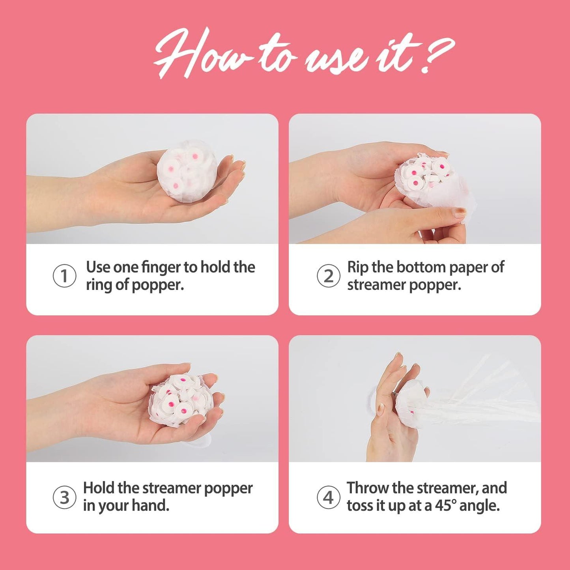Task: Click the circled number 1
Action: click(x=64, y=276)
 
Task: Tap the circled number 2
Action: click(x=328, y=276)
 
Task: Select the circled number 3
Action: click(x=64, y=497)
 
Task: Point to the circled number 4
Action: click(x=328, y=497)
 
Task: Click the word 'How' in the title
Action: click(x=201, y=53)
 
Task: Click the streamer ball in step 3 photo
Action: click(x=181, y=400)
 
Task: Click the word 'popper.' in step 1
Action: click(x=158, y=285)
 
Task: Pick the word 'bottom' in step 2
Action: click(x=421, y=267)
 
